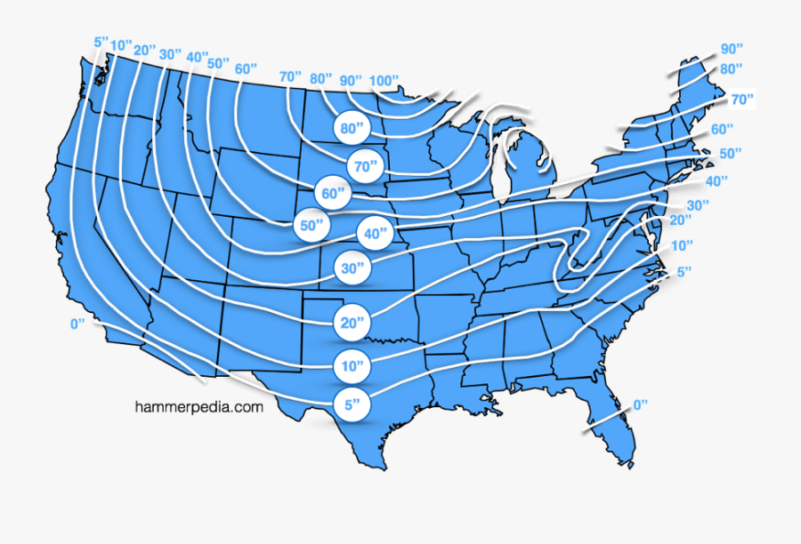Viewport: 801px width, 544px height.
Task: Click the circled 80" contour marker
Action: click(352, 129)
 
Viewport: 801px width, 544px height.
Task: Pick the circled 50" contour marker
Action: click(311, 226)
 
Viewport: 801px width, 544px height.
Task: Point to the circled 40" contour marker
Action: click(374, 234)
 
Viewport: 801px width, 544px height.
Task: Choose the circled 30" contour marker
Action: click(352, 268)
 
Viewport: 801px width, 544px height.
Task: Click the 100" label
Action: click(384, 80)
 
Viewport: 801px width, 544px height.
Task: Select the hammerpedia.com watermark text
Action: click(199, 407)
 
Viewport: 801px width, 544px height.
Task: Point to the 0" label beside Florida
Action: click(640, 405)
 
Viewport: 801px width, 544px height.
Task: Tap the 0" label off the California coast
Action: click(77, 324)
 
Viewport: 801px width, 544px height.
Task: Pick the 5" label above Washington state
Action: click(101, 42)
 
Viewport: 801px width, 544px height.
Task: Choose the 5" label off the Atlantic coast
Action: click(684, 271)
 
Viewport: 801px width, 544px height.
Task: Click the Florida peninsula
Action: click(614, 427)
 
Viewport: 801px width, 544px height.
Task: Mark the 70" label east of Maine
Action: click(742, 99)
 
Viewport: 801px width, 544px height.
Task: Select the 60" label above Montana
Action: click(246, 69)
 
